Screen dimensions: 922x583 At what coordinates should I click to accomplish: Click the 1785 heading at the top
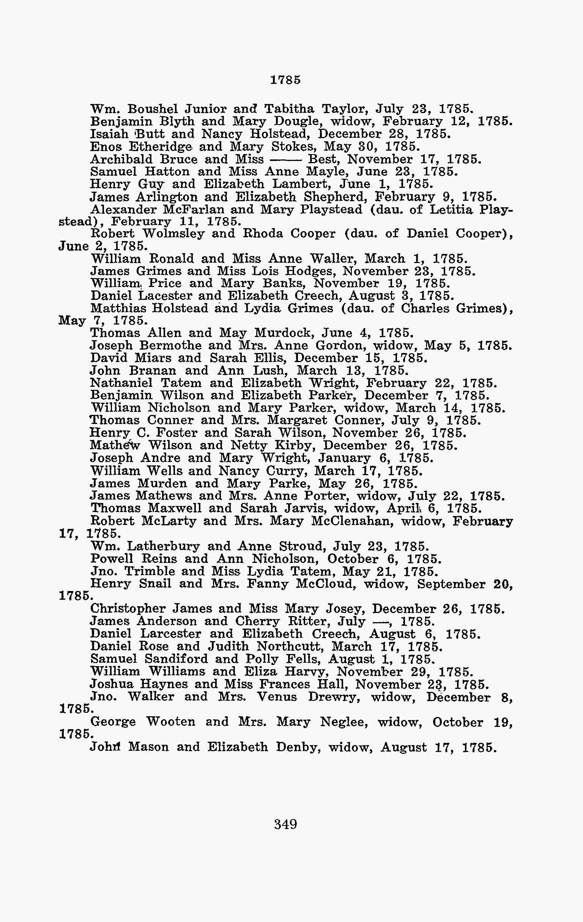(x=285, y=80)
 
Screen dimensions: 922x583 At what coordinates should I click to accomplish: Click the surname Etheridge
(x=161, y=146)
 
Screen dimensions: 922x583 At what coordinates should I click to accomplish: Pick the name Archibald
(x=121, y=159)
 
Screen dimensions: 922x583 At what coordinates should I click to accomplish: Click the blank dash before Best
(x=286, y=159)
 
